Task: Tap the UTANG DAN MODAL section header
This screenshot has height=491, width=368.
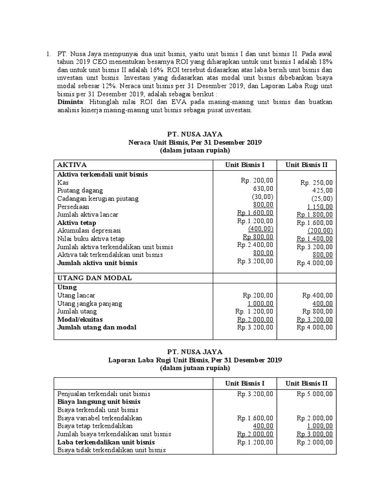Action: point(88,278)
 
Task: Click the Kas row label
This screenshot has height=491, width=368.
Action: point(63,183)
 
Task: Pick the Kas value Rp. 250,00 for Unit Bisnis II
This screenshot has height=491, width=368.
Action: point(316,183)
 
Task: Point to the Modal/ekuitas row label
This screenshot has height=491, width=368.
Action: point(80,319)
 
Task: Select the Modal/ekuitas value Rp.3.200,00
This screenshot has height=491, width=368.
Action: point(314,319)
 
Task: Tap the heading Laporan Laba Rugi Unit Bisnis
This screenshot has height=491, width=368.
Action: point(195,360)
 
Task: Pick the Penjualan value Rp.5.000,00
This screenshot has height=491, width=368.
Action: point(314,394)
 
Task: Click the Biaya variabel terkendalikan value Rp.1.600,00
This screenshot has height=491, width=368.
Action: point(255,418)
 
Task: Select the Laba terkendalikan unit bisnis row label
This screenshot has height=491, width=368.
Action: point(106,442)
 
